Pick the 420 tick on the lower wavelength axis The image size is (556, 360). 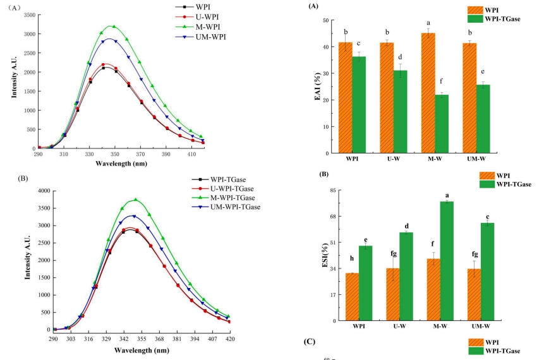tap(230, 339)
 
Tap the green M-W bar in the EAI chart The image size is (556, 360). tap(440, 124)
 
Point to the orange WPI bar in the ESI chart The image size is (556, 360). tap(352, 296)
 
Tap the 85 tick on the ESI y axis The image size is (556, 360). tap(332, 190)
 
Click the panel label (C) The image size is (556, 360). tap(310, 342)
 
